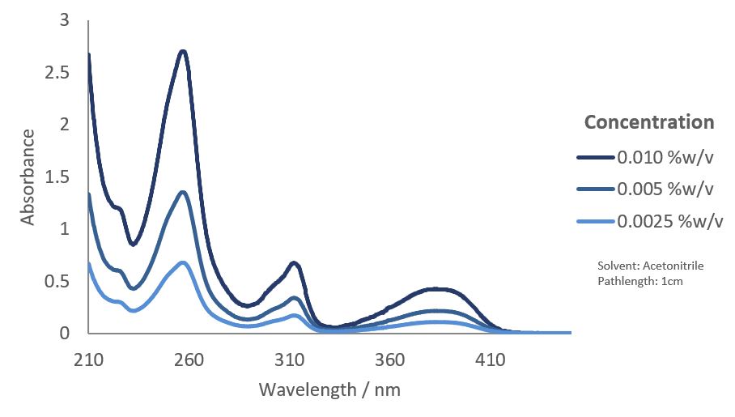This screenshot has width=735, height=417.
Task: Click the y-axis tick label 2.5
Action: pyautogui.click(x=58, y=73)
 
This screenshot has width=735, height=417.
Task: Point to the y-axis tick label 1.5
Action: pyautogui.click(x=58, y=177)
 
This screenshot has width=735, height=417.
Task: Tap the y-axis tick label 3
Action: pyautogui.click(x=65, y=21)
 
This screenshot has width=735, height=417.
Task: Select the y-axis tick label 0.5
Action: pyautogui.click(x=58, y=282)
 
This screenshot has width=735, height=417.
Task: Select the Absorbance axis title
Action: pyautogui.click(x=28, y=177)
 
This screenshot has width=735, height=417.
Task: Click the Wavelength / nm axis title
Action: pyautogui.click(x=329, y=389)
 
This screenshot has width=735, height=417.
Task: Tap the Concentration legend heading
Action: pyautogui.click(x=649, y=122)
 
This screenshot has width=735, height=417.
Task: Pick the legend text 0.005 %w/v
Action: pyautogui.click(x=665, y=189)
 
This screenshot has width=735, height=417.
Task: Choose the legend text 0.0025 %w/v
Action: pyautogui.click(x=669, y=222)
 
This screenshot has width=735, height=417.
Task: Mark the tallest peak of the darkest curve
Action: pyautogui.click(x=183, y=53)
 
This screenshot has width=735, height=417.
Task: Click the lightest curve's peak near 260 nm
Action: pyautogui.click(x=184, y=262)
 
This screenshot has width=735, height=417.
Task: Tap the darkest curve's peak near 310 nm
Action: pyautogui.click(x=294, y=263)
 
